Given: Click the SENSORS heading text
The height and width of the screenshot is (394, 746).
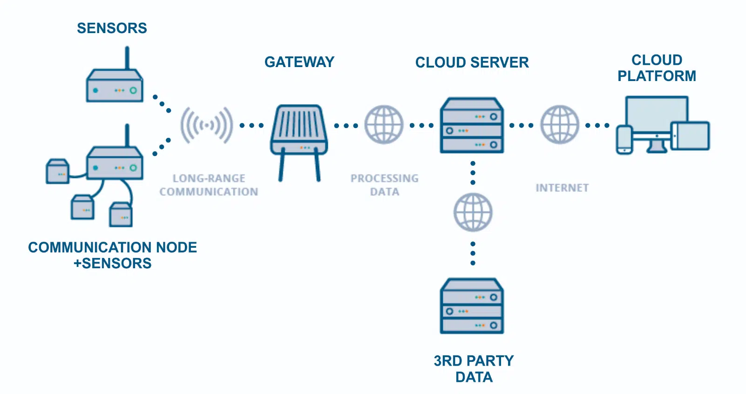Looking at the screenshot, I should point(112,28).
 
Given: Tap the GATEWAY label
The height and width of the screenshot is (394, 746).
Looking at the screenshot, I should point(299,62).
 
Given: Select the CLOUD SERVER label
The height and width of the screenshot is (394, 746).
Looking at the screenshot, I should point(472,63).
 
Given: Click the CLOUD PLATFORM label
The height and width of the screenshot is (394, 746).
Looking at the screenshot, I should point(657,68).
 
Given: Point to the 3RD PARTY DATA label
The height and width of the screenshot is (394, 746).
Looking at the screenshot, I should point(474,369).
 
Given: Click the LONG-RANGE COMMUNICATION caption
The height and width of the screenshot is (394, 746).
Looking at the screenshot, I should point(209,185).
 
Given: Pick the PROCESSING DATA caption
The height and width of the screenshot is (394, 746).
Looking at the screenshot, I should point(384,185).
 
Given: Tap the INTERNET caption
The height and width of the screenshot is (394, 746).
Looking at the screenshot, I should point(562,188).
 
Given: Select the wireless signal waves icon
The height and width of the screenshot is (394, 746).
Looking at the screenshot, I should point(206,125).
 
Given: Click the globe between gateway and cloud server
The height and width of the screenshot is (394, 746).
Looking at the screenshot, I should point(384,124).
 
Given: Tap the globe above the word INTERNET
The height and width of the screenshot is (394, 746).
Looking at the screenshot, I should point(559,124).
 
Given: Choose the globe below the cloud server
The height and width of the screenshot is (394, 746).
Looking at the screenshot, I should point(473,212).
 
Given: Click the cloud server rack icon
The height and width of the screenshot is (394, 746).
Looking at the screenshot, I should point(472,125).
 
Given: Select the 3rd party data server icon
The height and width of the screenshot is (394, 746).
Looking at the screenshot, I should point(472,306).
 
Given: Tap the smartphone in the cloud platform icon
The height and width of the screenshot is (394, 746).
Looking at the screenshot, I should point(624,139).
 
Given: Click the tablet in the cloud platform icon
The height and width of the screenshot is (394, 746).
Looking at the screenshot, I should point(691,136).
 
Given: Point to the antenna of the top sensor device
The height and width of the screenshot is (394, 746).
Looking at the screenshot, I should point(127,58).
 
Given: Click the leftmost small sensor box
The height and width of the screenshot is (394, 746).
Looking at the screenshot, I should point(58,171).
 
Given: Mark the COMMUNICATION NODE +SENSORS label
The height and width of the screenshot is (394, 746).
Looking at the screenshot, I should point(112,255).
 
